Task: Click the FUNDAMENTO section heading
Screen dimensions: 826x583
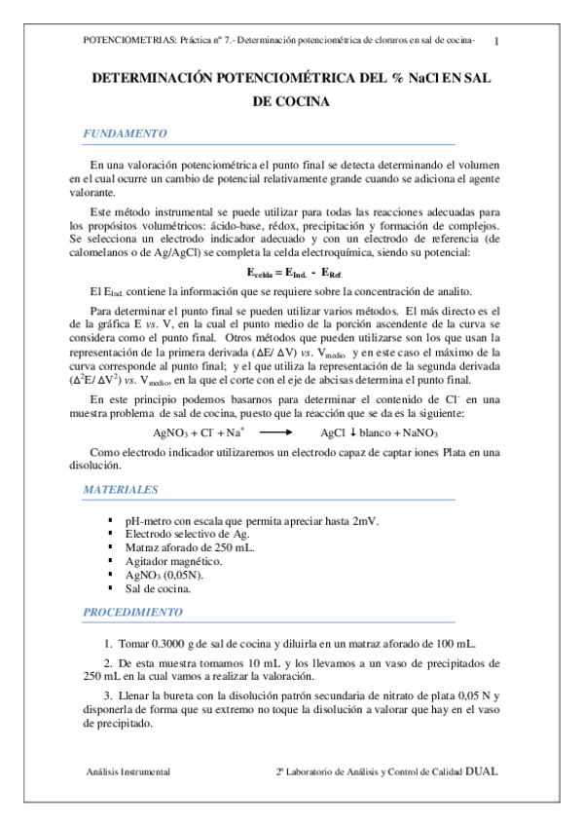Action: click(x=126, y=133)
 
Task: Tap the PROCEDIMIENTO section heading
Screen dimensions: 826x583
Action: click(x=132, y=613)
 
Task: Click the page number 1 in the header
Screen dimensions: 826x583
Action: click(x=498, y=41)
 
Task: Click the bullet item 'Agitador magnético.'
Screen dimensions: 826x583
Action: click(x=173, y=561)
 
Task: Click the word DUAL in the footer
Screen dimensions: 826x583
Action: click(x=482, y=770)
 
